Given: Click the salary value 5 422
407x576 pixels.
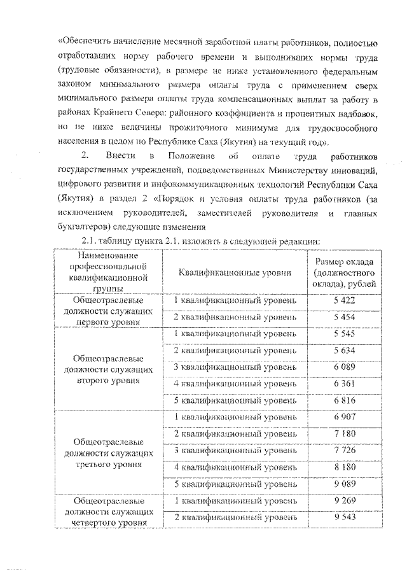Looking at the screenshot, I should [x=344, y=300].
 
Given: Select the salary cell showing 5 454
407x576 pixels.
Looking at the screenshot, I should [x=344, y=316].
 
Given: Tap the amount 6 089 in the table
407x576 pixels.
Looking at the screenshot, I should [x=344, y=367].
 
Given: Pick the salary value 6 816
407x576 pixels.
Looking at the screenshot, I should [x=344, y=400].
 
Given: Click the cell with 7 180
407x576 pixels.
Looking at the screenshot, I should [x=344, y=433].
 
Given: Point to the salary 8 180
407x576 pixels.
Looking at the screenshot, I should [x=344, y=467].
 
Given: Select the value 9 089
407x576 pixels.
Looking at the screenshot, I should [x=344, y=484].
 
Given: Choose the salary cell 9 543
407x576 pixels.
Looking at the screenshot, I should [x=344, y=517].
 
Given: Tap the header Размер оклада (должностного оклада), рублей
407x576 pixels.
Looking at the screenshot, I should [x=344, y=272].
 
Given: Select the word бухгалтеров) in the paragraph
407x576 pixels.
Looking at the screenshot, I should [x=83, y=226].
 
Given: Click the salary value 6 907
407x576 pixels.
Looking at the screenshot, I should [x=344, y=417].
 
